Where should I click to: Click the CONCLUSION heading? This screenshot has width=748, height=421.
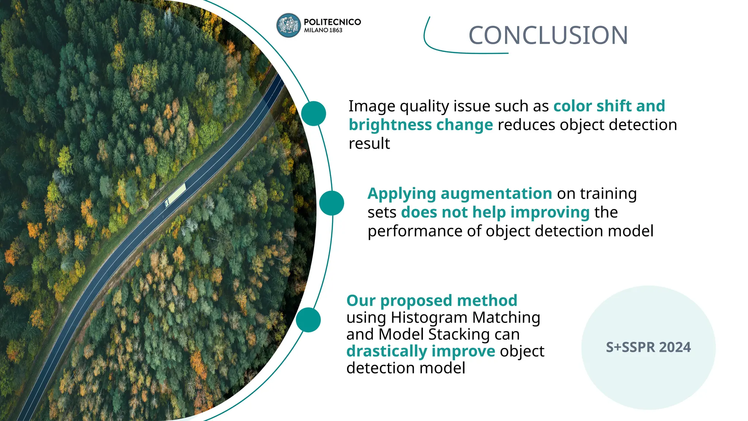[x=548, y=35]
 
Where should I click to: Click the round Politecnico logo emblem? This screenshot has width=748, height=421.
[x=288, y=26]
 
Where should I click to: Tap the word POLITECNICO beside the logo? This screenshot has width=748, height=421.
[x=332, y=22]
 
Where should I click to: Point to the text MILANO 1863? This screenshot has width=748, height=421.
[x=323, y=30]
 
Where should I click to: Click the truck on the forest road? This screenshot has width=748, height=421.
[x=176, y=195]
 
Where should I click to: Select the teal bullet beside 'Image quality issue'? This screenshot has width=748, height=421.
[x=313, y=114]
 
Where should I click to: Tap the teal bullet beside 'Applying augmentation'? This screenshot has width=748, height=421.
[x=332, y=203]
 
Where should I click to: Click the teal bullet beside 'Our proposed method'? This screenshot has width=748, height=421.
[x=308, y=320]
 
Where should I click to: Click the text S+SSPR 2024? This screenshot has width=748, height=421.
[x=648, y=347]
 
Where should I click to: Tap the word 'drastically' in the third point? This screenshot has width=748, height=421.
[x=386, y=351]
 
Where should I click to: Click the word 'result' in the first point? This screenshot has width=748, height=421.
[x=369, y=144]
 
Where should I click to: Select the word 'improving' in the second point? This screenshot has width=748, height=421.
[x=550, y=212]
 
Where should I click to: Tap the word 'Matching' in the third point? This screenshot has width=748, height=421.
[x=506, y=318]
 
